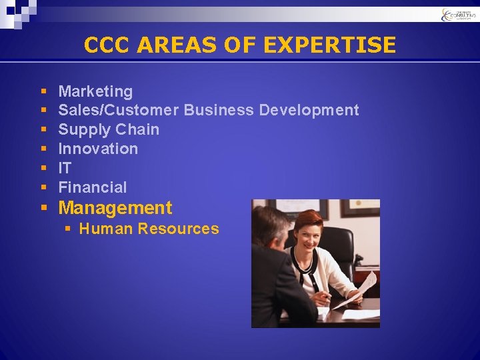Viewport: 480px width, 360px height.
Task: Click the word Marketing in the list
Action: [x=95, y=91]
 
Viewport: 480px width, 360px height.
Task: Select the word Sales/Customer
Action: [x=118, y=110]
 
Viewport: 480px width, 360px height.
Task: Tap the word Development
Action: [x=309, y=110]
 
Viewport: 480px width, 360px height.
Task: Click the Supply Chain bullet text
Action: [x=109, y=129]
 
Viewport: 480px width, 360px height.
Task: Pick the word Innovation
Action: [x=98, y=149]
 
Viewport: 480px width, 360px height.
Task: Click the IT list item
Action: [x=65, y=168]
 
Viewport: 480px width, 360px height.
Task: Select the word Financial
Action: [x=92, y=187]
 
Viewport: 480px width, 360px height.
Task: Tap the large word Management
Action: [x=115, y=208]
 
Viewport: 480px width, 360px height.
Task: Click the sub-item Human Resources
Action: [x=149, y=229]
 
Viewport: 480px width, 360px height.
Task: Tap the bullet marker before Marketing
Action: [x=43, y=91]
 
